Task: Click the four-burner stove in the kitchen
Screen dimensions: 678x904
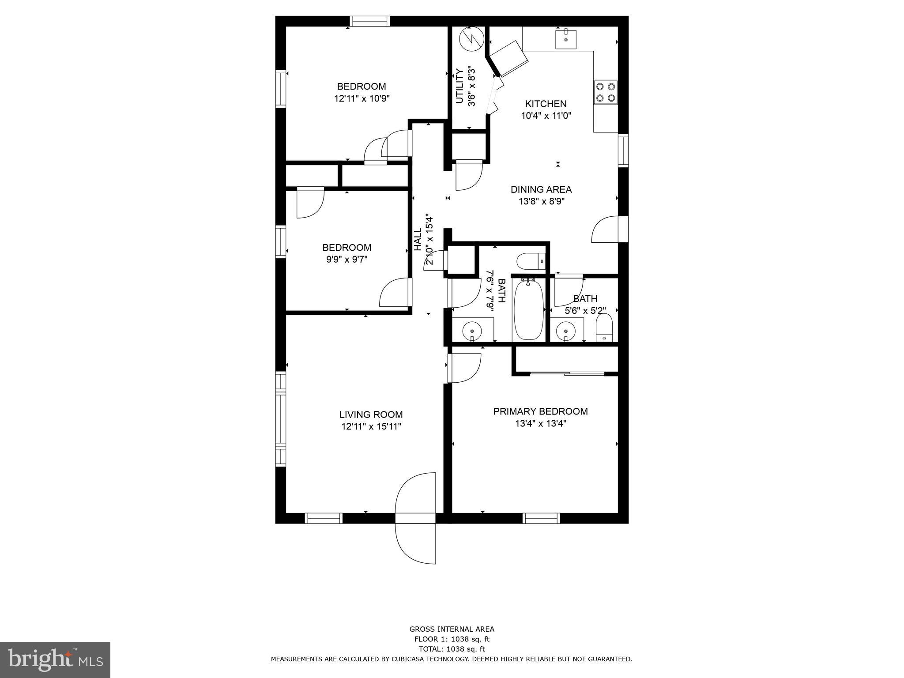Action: [x=606, y=93]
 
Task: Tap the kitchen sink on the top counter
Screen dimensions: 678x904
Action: [x=565, y=38]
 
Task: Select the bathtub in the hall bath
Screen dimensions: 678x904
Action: [x=528, y=309]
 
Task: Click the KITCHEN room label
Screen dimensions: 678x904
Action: [x=546, y=104]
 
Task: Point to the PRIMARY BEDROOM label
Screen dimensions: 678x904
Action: [x=540, y=411]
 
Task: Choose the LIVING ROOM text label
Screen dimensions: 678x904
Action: [x=371, y=414]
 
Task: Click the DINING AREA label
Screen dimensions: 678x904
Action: [x=541, y=189]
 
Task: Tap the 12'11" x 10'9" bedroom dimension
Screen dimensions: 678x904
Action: [x=362, y=98]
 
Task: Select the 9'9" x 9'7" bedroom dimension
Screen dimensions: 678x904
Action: [x=347, y=260]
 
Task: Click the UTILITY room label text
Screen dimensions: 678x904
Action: [x=460, y=86]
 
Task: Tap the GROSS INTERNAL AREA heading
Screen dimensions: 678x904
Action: [x=452, y=629]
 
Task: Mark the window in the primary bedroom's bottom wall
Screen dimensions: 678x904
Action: [x=541, y=518]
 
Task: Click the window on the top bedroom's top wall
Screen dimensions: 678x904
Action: [x=370, y=21]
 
